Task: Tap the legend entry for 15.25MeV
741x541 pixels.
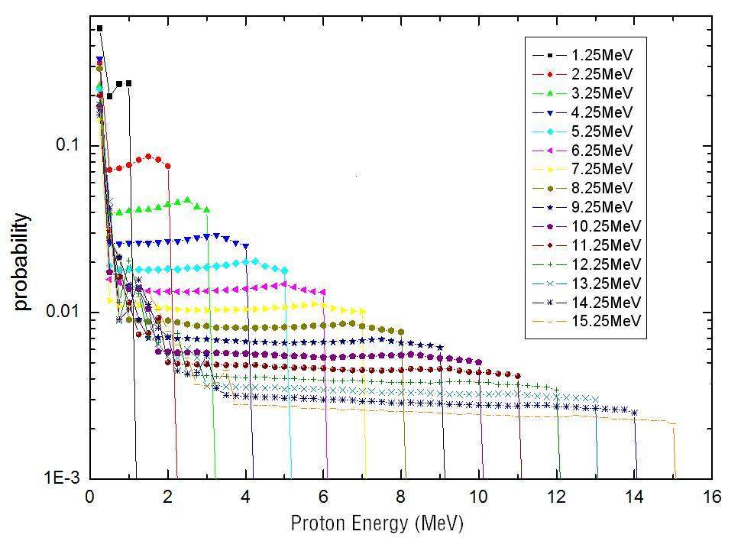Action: pos(608,321)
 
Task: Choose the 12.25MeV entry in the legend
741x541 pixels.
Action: pos(608,264)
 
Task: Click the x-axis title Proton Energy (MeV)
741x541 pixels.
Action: pos(377,523)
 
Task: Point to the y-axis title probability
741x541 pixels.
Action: pos(22,262)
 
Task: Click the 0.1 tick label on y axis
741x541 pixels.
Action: pos(67,145)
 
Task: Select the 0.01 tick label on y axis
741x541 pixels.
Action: pos(64,313)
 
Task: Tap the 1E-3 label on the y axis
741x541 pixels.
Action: pos(64,480)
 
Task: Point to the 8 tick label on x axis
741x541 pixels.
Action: pos(401,497)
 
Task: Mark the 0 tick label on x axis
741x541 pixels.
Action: pos(90,497)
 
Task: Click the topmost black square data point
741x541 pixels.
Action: pos(99,28)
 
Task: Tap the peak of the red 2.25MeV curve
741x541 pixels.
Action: pos(148,156)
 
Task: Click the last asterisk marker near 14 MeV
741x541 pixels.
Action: pos(635,413)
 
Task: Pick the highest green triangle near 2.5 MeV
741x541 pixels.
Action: pos(187,199)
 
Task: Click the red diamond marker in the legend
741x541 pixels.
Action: pos(549,74)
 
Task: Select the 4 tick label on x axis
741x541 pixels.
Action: pos(246,497)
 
